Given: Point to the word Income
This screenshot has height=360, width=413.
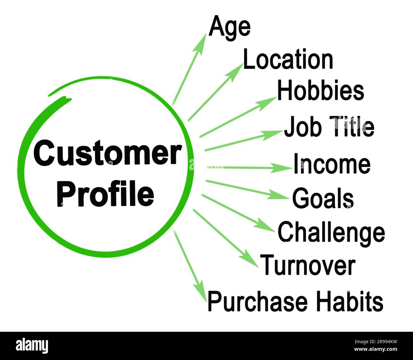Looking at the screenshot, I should tap(332, 164).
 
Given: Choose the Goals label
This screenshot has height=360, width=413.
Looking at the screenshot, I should tap(323, 198).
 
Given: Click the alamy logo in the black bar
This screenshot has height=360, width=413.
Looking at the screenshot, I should tap(32, 345).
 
